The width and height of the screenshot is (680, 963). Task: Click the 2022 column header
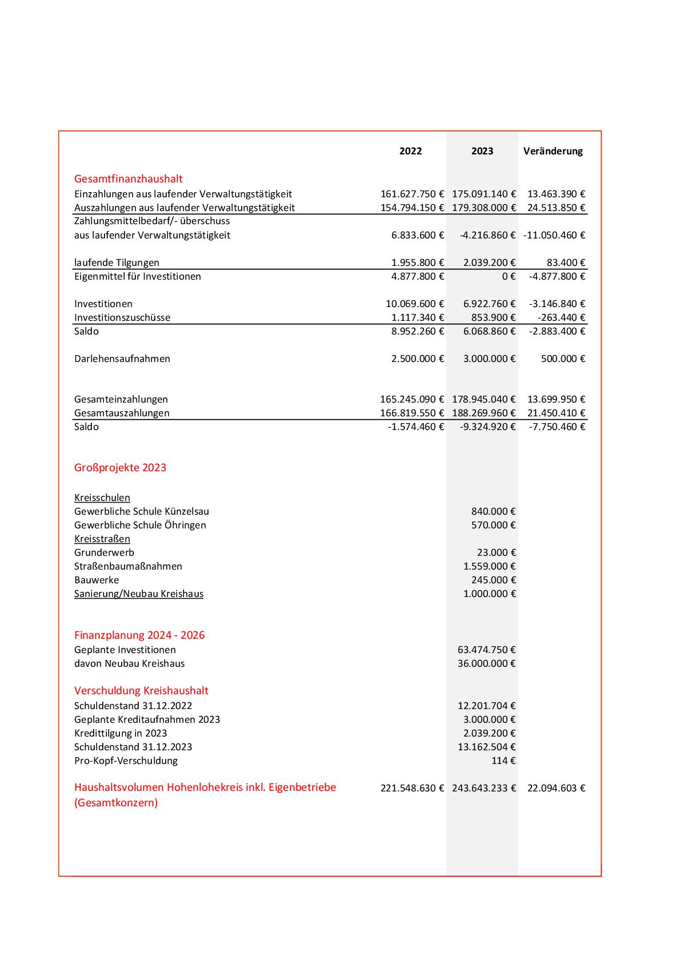(410, 151)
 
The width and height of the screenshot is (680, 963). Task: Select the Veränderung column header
(553, 151)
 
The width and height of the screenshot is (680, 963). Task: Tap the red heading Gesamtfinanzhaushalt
(128, 178)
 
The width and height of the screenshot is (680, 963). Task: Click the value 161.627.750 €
(412, 194)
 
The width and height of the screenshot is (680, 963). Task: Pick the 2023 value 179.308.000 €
(483, 208)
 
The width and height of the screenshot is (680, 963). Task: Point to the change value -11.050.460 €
(554, 235)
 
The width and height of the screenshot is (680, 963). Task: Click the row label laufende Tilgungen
(117, 262)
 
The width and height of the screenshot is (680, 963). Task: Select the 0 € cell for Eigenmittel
(509, 276)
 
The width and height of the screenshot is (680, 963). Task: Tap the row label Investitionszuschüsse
(122, 317)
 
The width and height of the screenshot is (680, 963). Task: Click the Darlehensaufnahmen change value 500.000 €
(563, 359)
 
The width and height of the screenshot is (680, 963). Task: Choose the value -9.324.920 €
(487, 427)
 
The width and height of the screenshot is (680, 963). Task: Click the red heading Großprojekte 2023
(120, 467)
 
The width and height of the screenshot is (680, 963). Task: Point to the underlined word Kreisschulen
(102, 498)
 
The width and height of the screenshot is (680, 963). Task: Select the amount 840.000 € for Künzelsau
(493, 511)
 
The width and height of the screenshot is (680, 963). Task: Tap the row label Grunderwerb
(104, 552)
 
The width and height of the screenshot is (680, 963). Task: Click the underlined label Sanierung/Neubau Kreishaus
(139, 594)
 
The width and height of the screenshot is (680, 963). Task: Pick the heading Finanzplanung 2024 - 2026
(139, 635)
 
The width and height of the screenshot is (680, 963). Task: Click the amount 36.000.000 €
(486, 663)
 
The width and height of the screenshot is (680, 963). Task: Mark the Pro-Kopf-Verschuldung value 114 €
(503, 761)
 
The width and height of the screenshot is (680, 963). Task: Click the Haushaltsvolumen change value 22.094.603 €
(556, 788)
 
